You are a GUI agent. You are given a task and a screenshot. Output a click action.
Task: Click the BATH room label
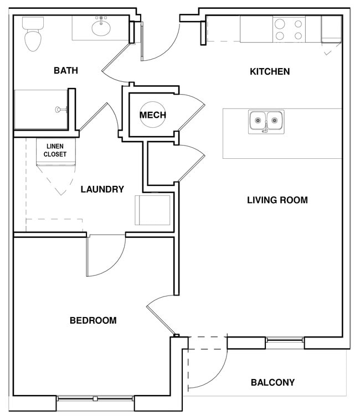(65, 71)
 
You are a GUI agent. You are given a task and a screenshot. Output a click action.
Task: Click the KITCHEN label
(270, 71)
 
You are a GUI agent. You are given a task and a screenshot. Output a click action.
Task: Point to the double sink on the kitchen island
(266, 120)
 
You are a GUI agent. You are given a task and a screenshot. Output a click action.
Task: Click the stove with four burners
(289, 29)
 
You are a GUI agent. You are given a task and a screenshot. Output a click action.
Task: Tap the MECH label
(153, 115)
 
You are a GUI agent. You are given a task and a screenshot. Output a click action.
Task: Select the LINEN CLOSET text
(55, 150)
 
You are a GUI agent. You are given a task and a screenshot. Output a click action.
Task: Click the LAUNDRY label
(102, 189)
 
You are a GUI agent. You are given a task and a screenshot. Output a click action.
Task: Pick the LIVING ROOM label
(277, 200)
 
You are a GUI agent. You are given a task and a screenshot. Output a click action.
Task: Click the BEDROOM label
(93, 320)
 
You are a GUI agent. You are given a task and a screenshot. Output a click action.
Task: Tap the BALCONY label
(272, 382)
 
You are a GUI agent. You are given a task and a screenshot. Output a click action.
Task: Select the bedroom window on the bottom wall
(95, 398)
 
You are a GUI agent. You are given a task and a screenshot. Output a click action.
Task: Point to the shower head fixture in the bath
(61, 110)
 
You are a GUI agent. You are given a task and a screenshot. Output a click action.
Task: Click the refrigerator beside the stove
(331, 29)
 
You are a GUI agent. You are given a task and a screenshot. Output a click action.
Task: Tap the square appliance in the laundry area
(153, 210)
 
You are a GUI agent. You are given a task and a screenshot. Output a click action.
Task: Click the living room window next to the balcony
(285, 339)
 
